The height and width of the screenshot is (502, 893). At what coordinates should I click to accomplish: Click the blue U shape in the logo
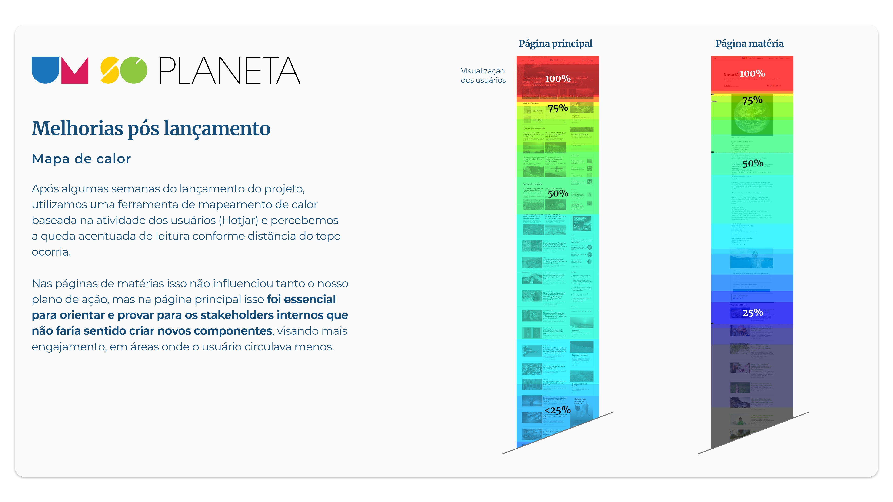[45, 69]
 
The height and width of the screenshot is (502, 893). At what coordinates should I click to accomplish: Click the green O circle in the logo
[133, 70]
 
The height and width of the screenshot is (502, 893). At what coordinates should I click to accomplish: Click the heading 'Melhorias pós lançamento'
[151, 129]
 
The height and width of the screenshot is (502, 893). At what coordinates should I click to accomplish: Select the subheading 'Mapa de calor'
[81, 159]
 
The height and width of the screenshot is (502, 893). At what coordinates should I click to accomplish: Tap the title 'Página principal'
[555, 44]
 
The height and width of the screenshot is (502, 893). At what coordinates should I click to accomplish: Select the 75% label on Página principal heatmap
[558, 108]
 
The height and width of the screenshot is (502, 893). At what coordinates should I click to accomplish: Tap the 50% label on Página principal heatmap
[558, 193]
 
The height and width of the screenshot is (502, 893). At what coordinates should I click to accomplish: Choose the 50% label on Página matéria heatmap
[753, 163]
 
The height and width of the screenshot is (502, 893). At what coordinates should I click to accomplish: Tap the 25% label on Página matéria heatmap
[753, 313]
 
